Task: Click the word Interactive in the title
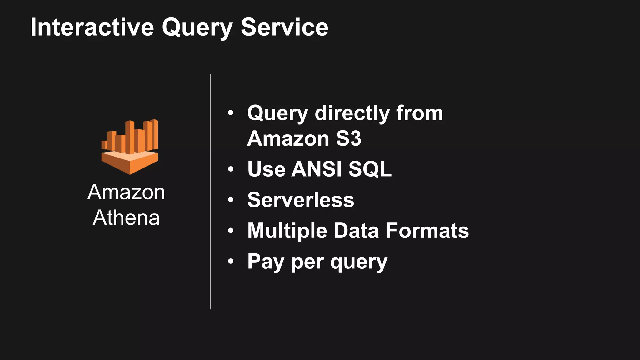tap(92, 27)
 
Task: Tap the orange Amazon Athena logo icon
tap(130, 147)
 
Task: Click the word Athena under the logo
tap(126, 217)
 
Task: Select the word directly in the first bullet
tap(352, 113)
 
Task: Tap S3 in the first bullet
tap(348, 138)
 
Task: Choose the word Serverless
tap(301, 200)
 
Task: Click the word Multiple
tap(287, 231)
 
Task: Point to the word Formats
tap(427, 231)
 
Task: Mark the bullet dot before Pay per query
tap(231, 261)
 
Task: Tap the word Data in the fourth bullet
tap(356, 231)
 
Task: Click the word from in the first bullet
tap(420, 113)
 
